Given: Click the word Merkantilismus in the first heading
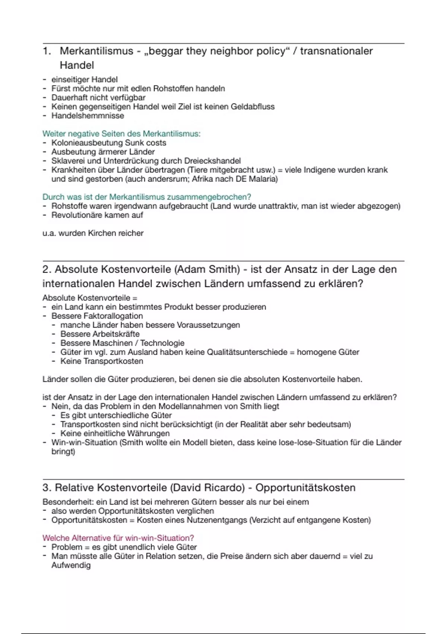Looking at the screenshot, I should coord(96,51).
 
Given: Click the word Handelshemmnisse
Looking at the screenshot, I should coord(88,116).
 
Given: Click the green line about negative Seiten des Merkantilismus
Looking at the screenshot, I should coord(121,134).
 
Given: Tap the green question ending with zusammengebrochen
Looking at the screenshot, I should coord(147,197).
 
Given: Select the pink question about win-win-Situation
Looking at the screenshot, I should coord(118,538).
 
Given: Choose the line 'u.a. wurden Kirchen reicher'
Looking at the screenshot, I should coord(93,233).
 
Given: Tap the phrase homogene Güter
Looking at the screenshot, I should coord(328,352).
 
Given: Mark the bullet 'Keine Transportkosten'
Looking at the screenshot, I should coord(102,361).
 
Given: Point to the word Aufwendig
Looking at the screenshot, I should coord(71,565).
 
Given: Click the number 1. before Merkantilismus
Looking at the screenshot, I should coord(47,51).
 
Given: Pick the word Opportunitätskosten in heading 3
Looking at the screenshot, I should coord(305,488).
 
